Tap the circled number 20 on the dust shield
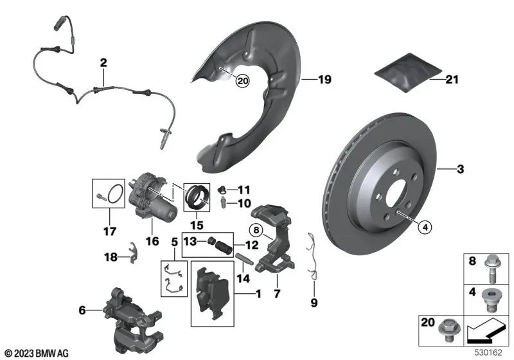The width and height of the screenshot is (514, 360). coord(242,81)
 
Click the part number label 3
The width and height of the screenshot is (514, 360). coord(459,170)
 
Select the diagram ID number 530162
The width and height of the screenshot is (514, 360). coord(492,353)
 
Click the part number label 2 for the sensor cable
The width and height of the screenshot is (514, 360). coord(102,63)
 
